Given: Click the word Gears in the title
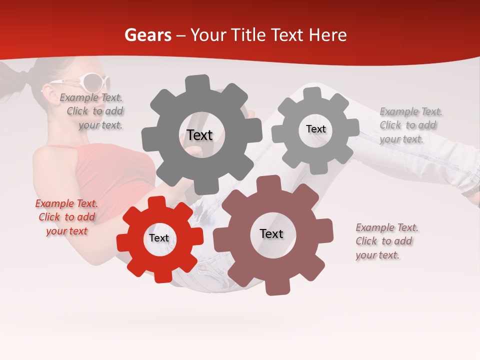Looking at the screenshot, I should point(147,35).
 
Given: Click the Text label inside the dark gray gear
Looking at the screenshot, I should point(199,135).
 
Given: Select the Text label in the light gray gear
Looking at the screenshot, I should point(315,129).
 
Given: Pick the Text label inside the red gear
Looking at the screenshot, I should point(159,238).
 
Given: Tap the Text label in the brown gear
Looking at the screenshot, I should point(271,233).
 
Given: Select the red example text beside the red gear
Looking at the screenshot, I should point(66,217).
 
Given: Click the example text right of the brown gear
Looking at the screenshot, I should point(386,241).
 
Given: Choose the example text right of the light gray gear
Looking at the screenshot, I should point(410,125).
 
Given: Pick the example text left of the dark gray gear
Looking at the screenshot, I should point(92,111).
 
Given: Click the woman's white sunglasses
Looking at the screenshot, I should point(90,81).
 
